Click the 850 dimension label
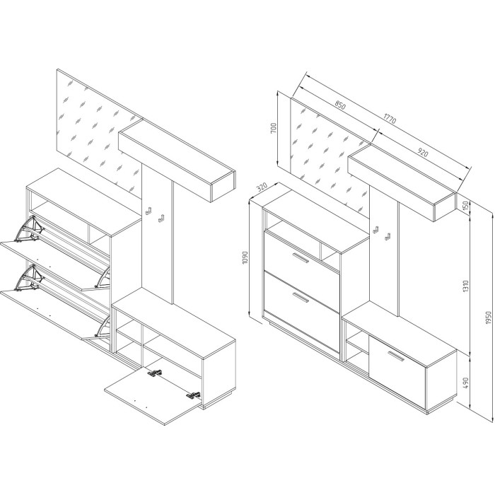(340, 105)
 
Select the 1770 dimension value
(390, 118)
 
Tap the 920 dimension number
(423, 153)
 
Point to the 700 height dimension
(274, 127)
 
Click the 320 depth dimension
(262, 187)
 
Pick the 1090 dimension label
(245, 258)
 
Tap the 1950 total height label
(489, 318)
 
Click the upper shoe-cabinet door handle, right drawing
(301, 257)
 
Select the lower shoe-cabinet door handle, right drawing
(300, 298)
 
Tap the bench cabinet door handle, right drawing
(396, 356)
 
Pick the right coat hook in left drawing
(161, 218)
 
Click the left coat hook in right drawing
(376, 230)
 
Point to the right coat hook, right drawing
(387, 236)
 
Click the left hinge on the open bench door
(155, 373)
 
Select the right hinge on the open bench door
(193, 395)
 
